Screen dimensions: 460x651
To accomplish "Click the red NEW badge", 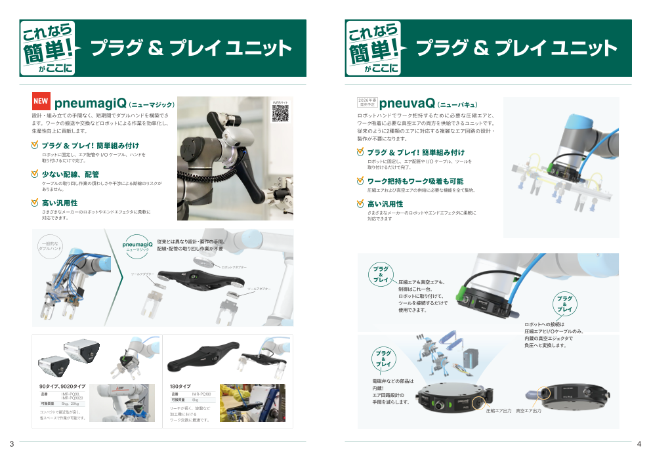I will [41, 102].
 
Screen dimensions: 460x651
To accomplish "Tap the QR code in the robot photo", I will [280, 113].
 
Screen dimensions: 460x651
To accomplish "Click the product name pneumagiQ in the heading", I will [90, 103].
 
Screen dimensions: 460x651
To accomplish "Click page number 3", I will [11, 445].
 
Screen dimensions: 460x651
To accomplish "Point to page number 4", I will [639, 445].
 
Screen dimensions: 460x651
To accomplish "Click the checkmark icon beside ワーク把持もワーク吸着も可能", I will [360, 180].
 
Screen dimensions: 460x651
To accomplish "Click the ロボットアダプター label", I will [234, 267].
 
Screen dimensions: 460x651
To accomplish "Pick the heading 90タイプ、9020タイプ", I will [62, 387].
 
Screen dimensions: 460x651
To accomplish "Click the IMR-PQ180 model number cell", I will [201, 394].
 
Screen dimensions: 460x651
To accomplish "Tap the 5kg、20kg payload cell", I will [70, 404].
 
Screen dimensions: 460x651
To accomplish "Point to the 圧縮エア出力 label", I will [499, 411].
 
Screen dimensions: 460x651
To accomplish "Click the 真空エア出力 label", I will [529, 411].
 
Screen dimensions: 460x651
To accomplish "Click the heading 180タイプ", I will [180, 387].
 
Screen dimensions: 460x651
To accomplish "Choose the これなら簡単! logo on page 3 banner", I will [48, 47].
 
